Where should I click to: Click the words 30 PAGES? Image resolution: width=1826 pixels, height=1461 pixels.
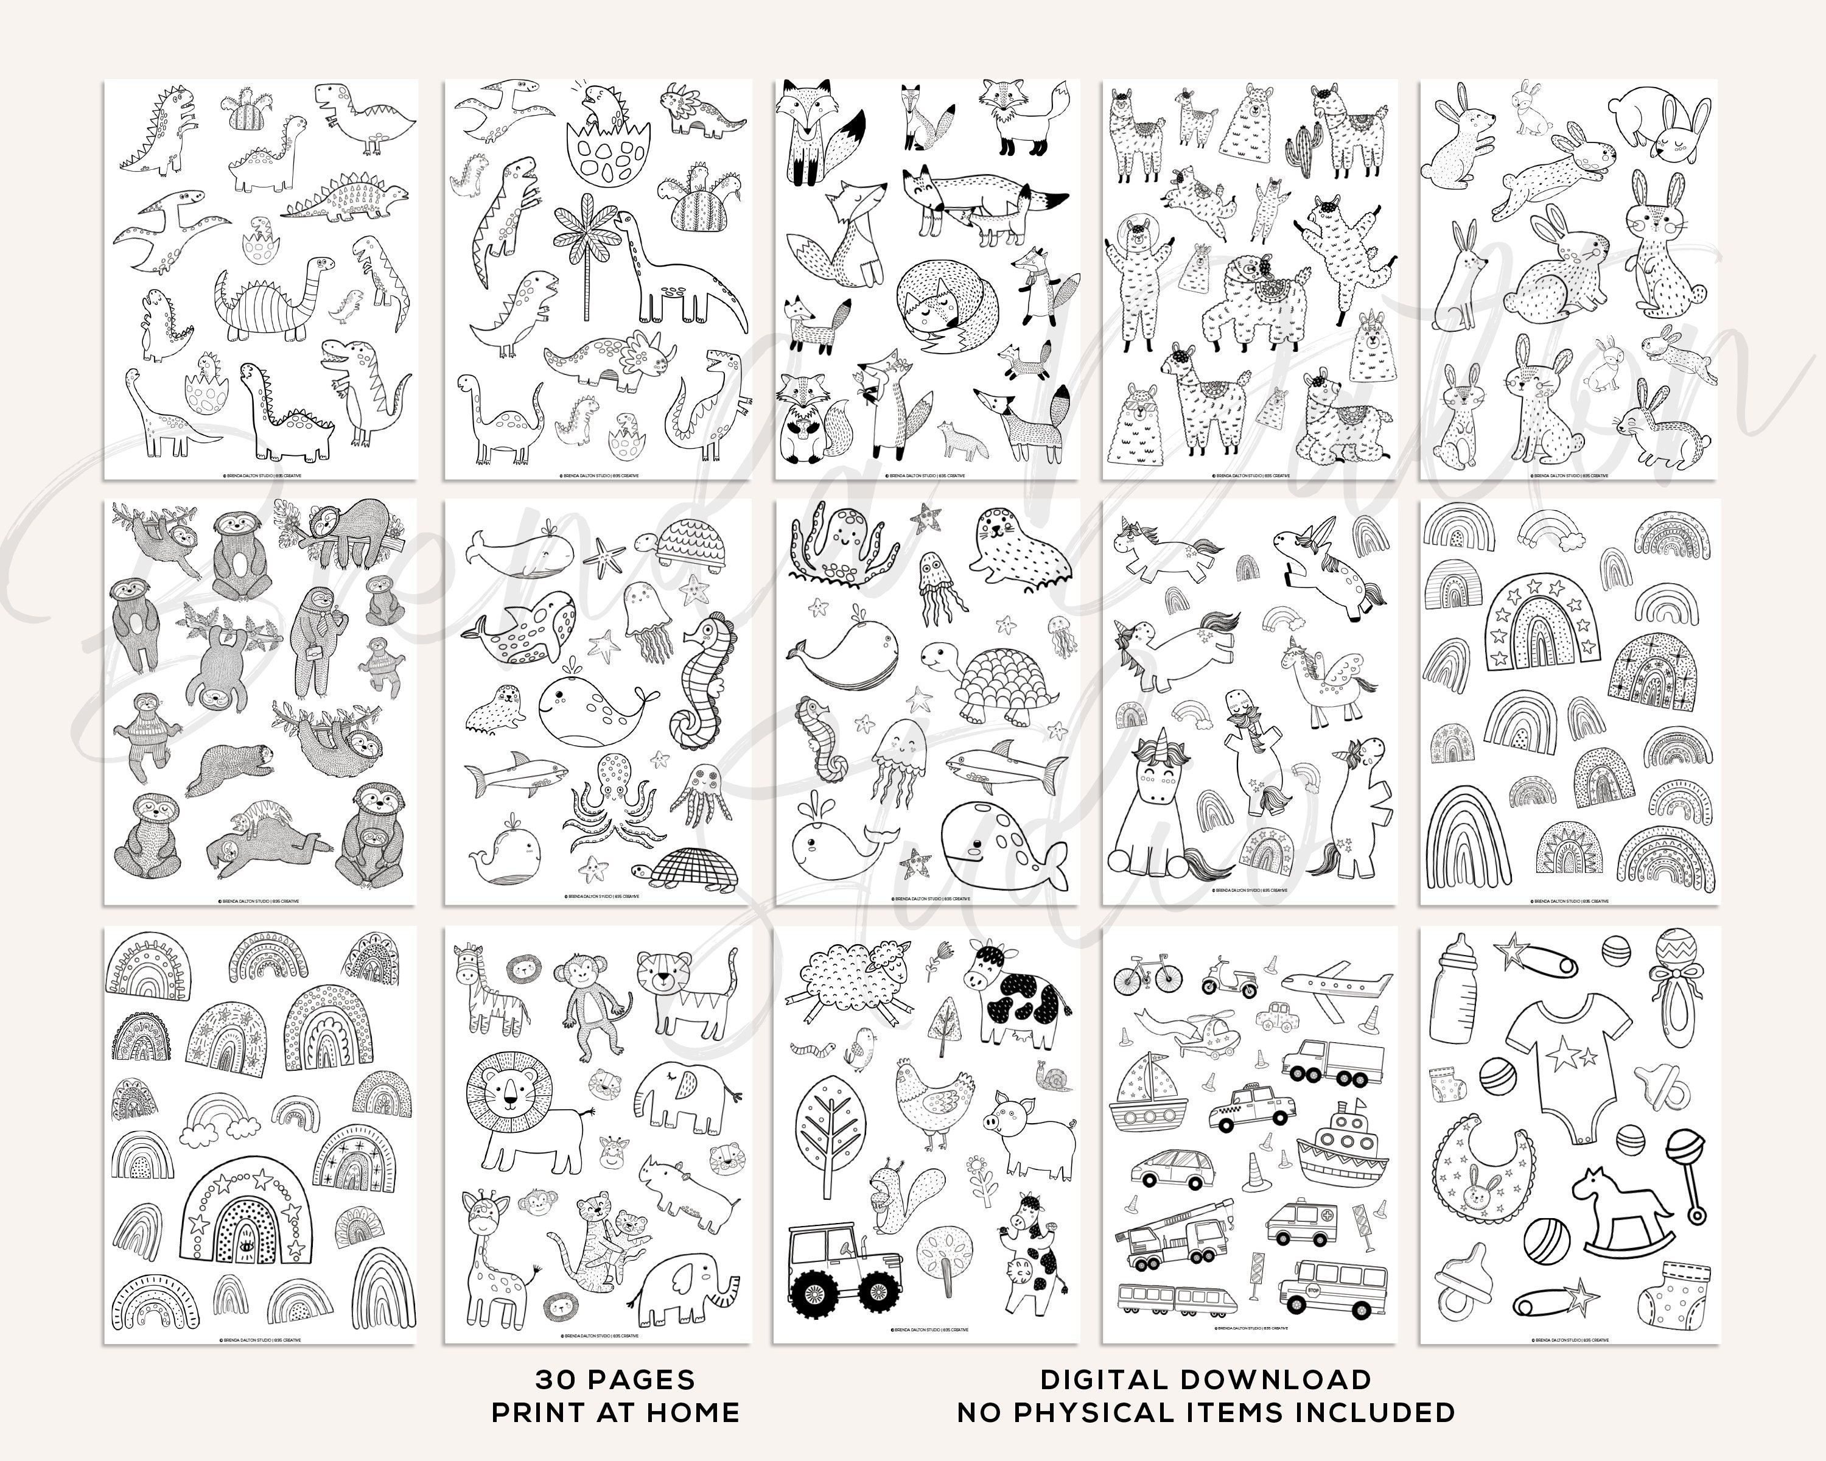click(615, 1379)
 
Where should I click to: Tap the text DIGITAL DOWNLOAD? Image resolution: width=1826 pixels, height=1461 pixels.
click(1206, 1379)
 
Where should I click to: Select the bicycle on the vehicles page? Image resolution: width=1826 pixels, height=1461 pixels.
click(1147, 976)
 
